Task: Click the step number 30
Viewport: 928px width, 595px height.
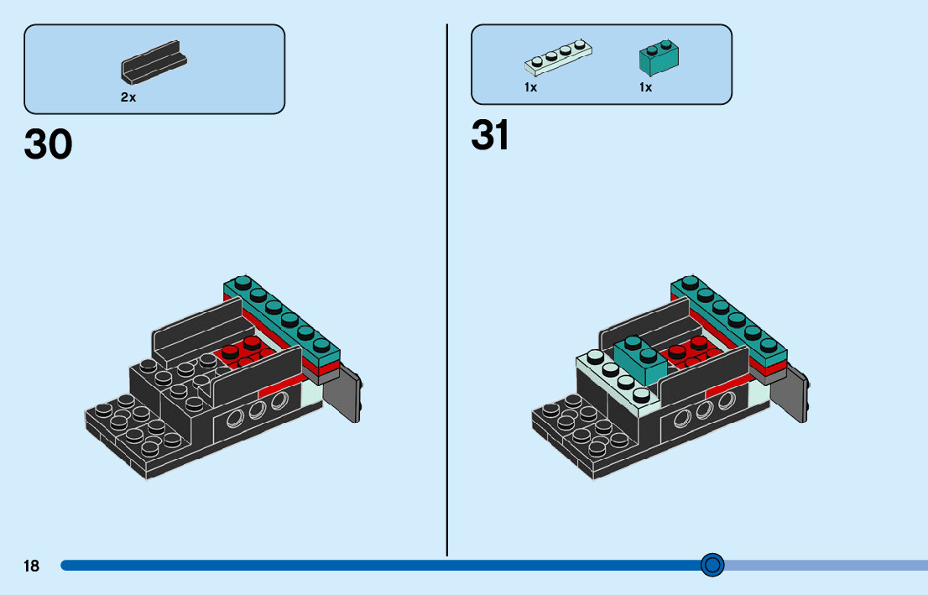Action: coord(48,144)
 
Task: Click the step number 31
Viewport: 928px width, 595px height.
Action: coord(490,135)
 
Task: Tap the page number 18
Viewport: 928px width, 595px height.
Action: coord(31,566)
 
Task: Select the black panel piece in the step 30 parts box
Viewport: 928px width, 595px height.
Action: coord(154,62)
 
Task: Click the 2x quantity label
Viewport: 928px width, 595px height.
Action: coord(128,97)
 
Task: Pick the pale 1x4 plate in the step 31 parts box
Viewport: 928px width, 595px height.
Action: coord(558,57)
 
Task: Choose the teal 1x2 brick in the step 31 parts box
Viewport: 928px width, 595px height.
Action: coord(659,58)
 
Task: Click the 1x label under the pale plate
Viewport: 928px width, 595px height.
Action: coord(531,87)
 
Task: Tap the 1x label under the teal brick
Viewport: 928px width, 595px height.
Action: coord(646,87)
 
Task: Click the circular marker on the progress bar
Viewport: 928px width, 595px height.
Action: coord(712,565)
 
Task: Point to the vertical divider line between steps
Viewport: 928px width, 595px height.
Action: coord(447,290)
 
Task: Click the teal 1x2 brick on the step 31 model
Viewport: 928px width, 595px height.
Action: coord(640,359)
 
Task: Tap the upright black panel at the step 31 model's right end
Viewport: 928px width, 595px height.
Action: coord(790,393)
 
